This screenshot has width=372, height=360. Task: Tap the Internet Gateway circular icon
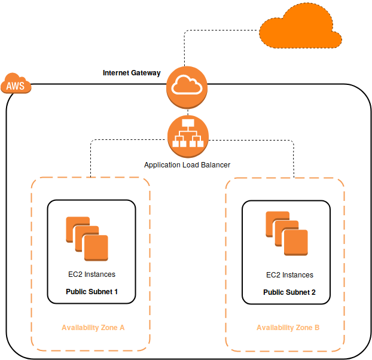point(187,87)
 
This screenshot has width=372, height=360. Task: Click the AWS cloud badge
point(16,86)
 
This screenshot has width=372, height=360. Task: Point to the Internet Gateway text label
point(132,73)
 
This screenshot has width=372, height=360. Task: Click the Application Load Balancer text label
point(187,164)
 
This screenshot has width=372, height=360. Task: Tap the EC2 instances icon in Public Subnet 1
point(87,239)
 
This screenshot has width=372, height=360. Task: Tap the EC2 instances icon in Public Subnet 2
point(286,233)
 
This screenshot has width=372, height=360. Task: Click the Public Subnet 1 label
point(92,292)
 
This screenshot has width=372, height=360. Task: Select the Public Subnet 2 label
point(289,292)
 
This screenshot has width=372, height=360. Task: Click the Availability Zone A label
point(93,328)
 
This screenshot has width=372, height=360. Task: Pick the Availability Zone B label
point(288,328)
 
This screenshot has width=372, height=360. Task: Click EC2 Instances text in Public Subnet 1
point(92,274)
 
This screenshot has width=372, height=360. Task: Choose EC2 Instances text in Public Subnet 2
point(289,275)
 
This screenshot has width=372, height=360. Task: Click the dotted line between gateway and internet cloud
point(184,48)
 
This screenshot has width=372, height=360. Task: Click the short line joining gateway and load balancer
point(187,111)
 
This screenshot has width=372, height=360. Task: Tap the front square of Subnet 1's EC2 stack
point(96,248)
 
